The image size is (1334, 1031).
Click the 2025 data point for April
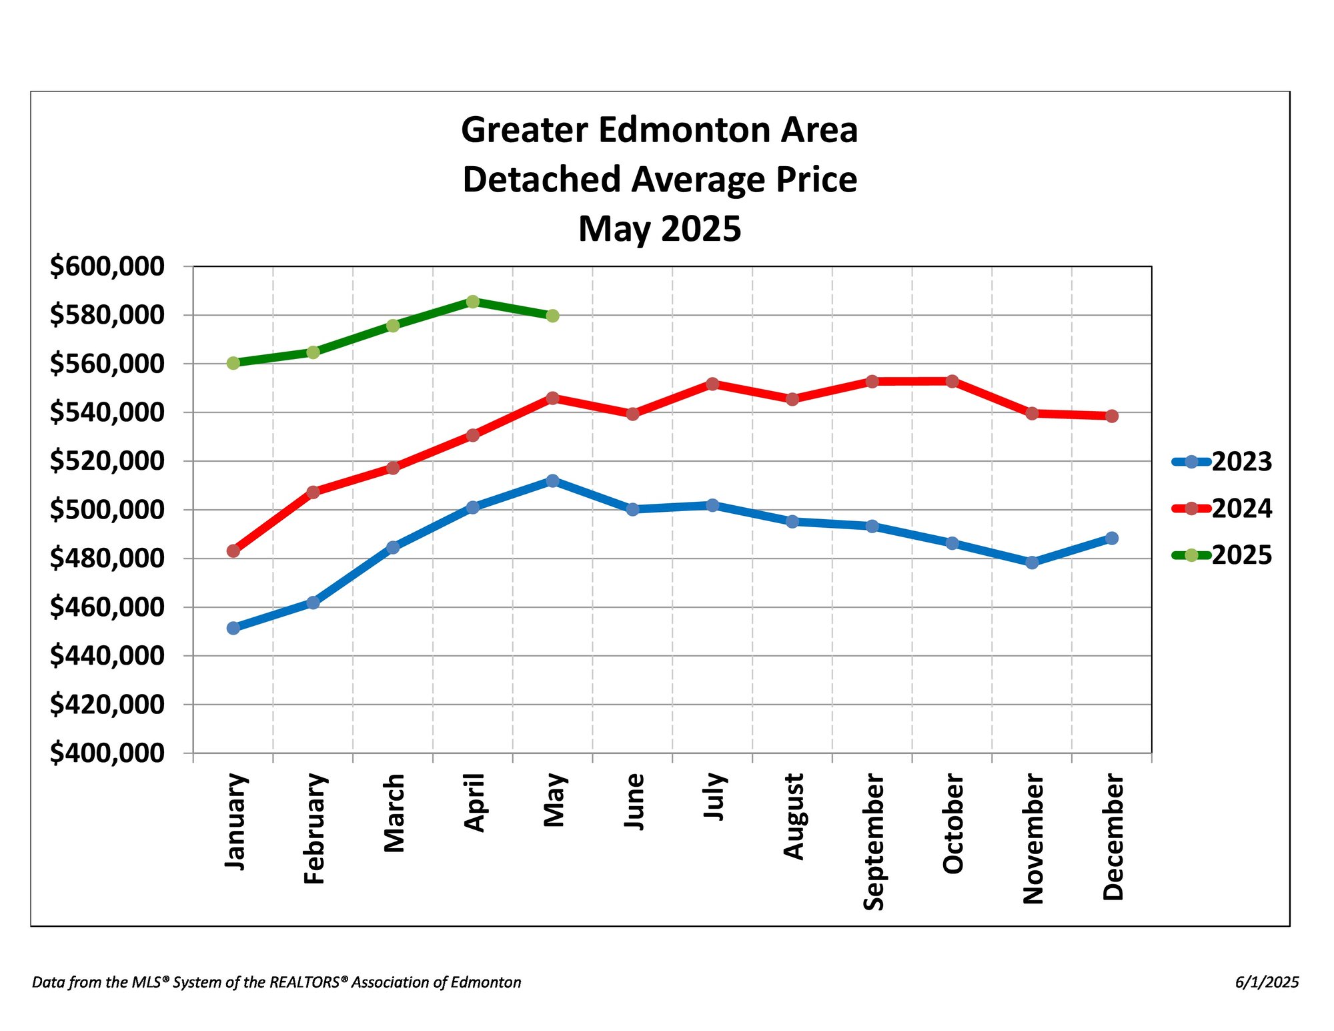pos(472,302)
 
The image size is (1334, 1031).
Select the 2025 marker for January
pos(233,363)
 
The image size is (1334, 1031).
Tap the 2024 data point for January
pos(233,551)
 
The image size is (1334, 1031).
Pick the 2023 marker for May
pos(552,480)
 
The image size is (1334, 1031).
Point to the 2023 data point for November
pos(1031,563)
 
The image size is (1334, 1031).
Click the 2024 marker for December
pos(1111,416)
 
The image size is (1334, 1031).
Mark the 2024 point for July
pos(712,384)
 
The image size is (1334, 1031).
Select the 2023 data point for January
pos(233,628)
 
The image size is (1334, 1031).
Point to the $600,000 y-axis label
pos(107,266)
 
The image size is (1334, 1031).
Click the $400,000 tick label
pos(107,753)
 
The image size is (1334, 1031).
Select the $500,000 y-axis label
pos(107,510)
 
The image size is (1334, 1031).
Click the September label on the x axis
pos(873,841)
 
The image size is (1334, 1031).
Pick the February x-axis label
pos(314,829)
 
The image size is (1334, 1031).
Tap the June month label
pos(634,801)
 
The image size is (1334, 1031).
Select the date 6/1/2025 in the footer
pos(1267,982)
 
